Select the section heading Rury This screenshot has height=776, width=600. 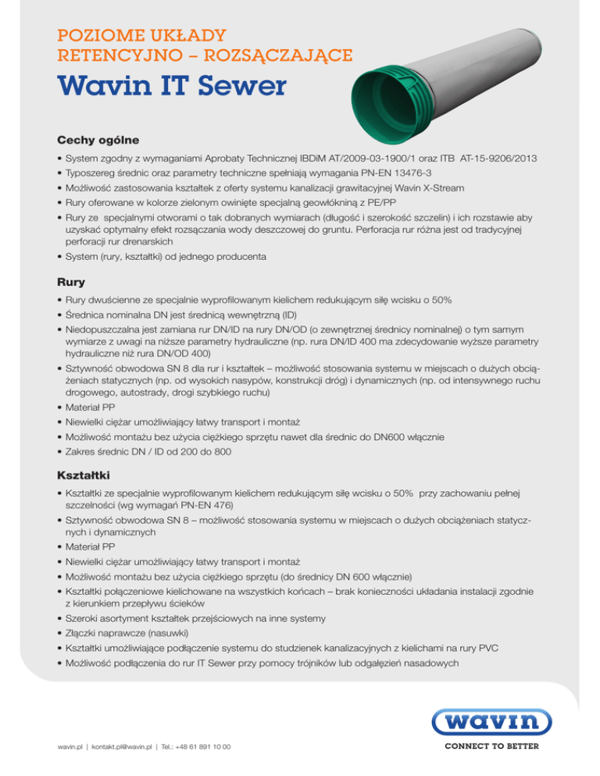73,282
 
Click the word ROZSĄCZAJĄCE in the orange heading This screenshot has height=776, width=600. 267,55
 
